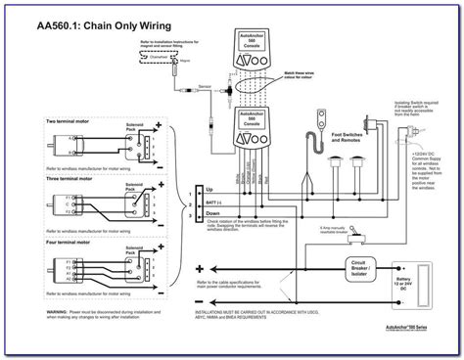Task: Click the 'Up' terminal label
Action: (209, 189)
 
